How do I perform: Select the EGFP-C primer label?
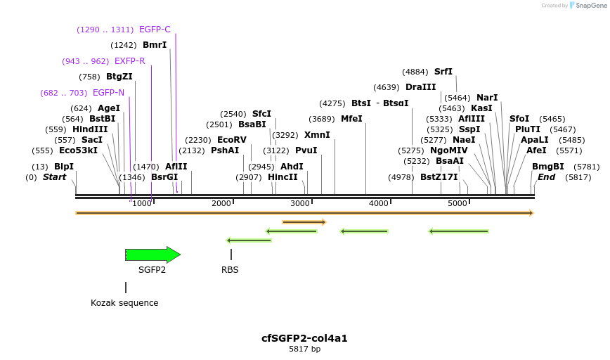pos(155,30)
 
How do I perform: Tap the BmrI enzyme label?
pos(155,45)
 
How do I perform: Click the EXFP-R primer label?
pos(129,61)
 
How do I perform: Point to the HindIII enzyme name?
pos(90,129)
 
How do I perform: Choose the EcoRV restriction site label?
pos(232,140)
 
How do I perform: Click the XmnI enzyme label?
pos(317,135)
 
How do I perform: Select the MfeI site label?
pos(351,119)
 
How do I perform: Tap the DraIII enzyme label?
pos(421,87)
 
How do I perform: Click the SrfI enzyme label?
pos(443,72)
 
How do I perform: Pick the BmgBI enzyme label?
pos(548,167)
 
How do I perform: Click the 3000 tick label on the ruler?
pos(300,203)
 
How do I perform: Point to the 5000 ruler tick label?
pos(457,203)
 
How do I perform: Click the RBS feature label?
pos(230,269)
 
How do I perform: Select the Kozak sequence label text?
pos(124,303)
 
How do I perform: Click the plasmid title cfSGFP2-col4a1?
pos(304,338)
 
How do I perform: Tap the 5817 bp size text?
pos(304,349)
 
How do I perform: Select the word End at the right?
pos(546,177)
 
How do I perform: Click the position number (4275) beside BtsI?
pos(332,103)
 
